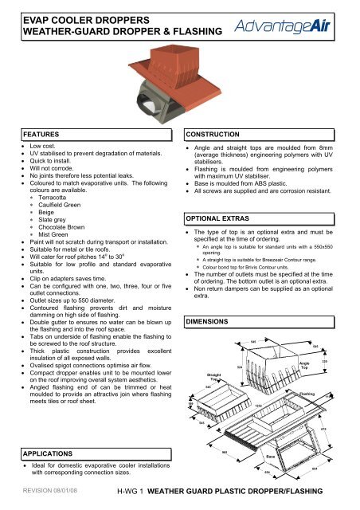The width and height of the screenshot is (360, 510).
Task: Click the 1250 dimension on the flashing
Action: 259,406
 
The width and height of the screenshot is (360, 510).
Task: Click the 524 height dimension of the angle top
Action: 240,367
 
